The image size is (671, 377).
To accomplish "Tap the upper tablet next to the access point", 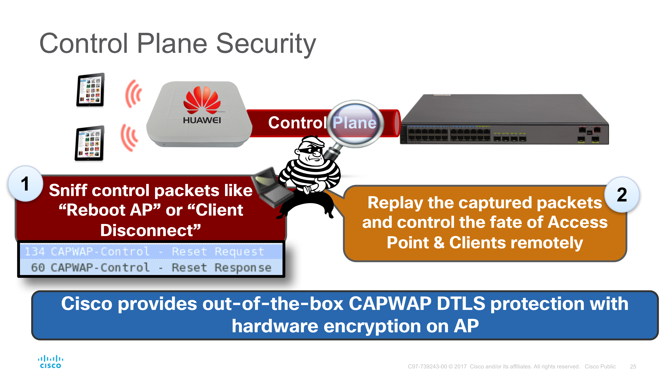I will click(x=90, y=90).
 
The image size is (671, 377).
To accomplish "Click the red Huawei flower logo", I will click(x=202, y=100).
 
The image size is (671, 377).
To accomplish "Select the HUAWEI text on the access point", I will click(x=202, y=120).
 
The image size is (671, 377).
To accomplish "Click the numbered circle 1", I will click(x=25, y=184).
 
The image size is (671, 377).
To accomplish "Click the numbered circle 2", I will click(x=622, y=195).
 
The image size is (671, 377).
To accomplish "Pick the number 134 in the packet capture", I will click(x=35, y=252).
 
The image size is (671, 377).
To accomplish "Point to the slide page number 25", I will click(x=633, y=367).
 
